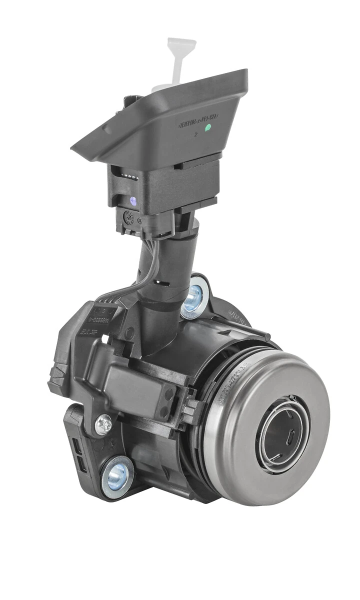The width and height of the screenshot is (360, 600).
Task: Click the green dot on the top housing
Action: click(x=208, y=127)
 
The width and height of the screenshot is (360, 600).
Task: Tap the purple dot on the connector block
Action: click(x=133, y=201)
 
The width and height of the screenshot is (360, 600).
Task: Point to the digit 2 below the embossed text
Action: click(x=196, y=133)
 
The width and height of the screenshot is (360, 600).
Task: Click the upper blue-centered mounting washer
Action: click(x=194, y=297)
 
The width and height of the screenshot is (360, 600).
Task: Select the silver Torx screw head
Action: click(x=103, y=424)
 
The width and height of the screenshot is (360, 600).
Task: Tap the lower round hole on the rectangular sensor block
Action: click(x=165, y=411)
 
